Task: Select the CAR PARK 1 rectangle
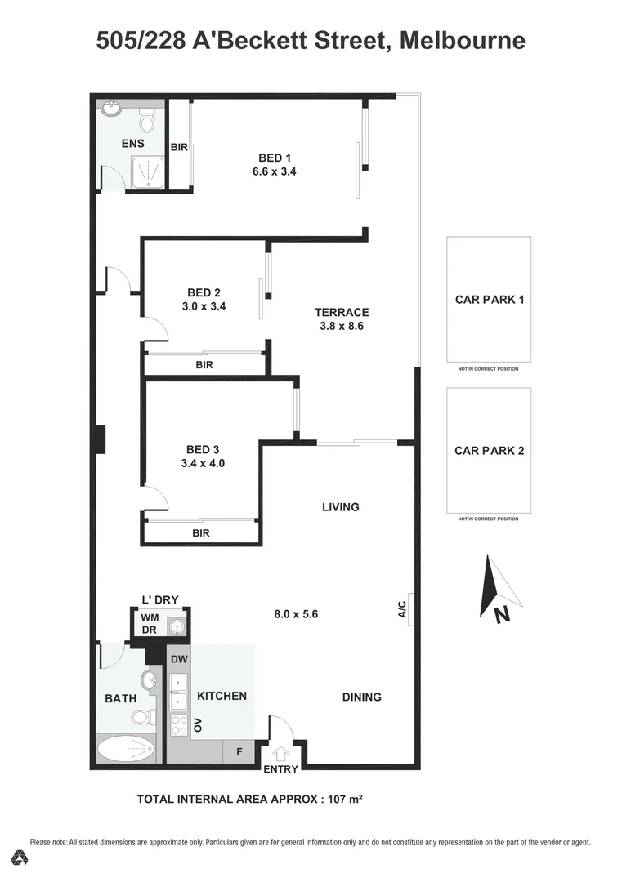tap(489, 299)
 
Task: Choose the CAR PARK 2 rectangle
tap(489, 450)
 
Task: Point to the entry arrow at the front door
tap(282, 754)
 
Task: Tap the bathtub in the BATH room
tap(125, 749)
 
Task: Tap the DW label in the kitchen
tap(179, 659)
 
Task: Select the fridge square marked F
tap(239, 751)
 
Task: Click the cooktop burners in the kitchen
tap(179, 724)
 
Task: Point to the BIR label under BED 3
tap(201, 533)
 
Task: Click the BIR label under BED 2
tap(204, 365)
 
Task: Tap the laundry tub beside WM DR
tap(177, 626)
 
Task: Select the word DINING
tap(361, 697)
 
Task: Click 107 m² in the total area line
tap(344, 799)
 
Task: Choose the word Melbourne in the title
tap(463, 40)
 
